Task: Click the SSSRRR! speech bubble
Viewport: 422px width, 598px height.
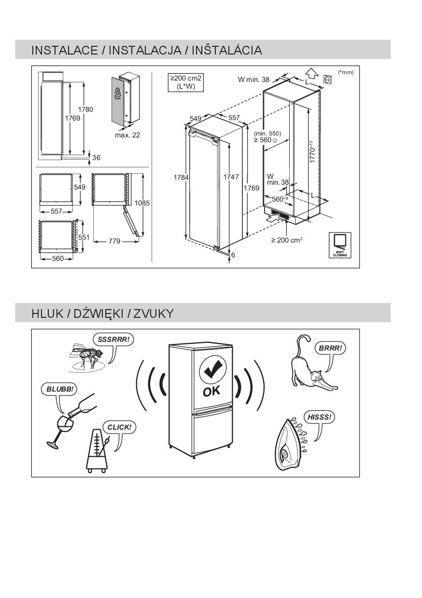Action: (x=113, y=340)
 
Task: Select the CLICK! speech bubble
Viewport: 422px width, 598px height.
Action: (x=119, y=427)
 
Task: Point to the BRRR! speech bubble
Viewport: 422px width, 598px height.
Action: (x=330, y=348)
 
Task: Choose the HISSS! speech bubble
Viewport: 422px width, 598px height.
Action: (x=319, y=417)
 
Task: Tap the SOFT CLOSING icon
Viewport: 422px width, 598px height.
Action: (x=339, y=245)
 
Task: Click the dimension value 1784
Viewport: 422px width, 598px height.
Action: (x=181, y=177)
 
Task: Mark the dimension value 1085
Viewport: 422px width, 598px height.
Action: (x=142, y=203)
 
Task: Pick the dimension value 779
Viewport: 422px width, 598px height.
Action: (x=114, y=241)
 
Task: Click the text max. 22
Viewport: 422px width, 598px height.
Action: (x=127, y=135)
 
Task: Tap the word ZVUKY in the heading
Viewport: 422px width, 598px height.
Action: (x=153, y=313)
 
